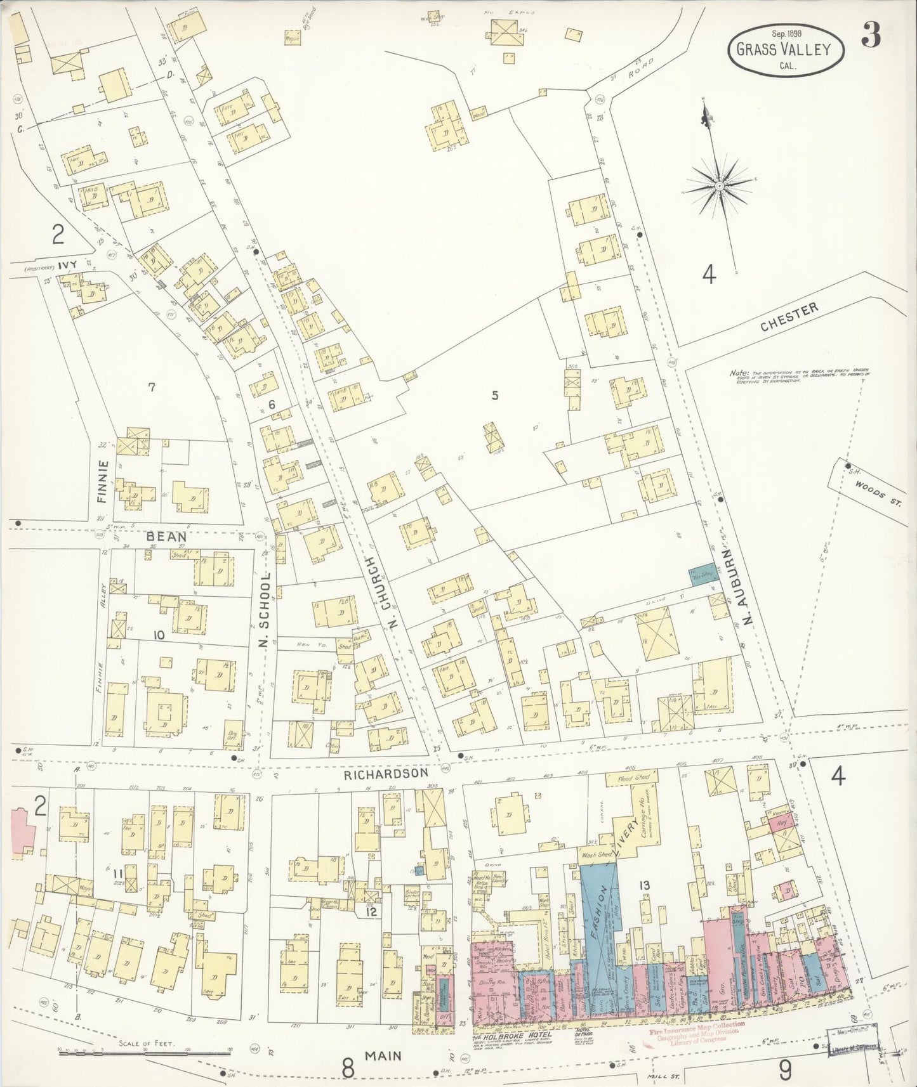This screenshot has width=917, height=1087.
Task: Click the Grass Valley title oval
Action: click(786, 49)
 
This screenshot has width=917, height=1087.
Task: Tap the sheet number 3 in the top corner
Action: click(871, 37)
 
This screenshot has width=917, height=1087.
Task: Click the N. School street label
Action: click(265, 610)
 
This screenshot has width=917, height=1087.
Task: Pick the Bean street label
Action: click(161, 536)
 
